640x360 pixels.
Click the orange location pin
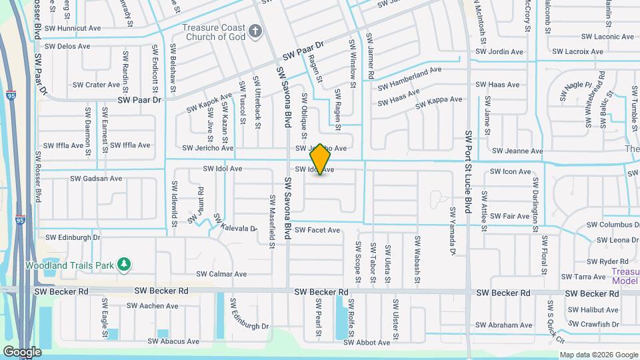click(321, 159)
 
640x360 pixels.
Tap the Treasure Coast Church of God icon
click(255, 32)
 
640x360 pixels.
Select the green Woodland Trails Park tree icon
click(123, 265)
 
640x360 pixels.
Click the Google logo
click(22, 351)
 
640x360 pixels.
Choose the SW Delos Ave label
click(67, 46)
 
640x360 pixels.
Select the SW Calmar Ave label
click(221, 274)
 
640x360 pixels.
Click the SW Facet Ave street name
click(317, 230)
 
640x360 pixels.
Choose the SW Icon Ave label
click(510, 171)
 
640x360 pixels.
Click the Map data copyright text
click(599, 355)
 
